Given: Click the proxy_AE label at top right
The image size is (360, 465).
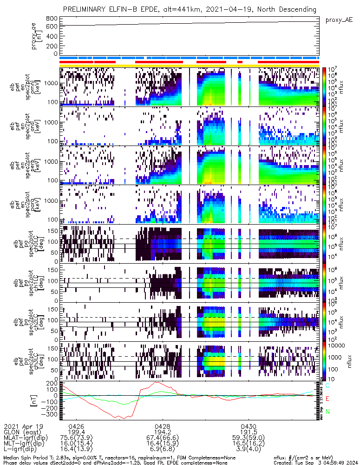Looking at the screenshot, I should [x=339, y=21].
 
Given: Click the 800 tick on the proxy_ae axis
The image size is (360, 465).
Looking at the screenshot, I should [x=52, y=18].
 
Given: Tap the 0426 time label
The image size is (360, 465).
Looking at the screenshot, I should [x=76, y=426].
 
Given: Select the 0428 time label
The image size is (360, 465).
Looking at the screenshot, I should [x=162, y=426].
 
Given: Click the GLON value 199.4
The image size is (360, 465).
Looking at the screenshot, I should [x=76, y=432].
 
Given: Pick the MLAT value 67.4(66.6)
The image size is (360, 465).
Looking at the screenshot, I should [x=162, y=438].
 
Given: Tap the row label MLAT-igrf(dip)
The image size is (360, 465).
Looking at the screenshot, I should [x=27, y=438].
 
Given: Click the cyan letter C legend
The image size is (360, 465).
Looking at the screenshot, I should [x=327, y=385].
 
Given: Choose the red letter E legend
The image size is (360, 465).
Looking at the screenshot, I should [x=327, y=399].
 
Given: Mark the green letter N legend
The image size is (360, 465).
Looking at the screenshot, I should [x=327, y=412].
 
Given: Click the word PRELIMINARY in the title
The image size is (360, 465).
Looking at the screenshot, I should [x=87, y=9].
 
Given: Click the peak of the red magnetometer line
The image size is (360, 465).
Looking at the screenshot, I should [x=157, y=382].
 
